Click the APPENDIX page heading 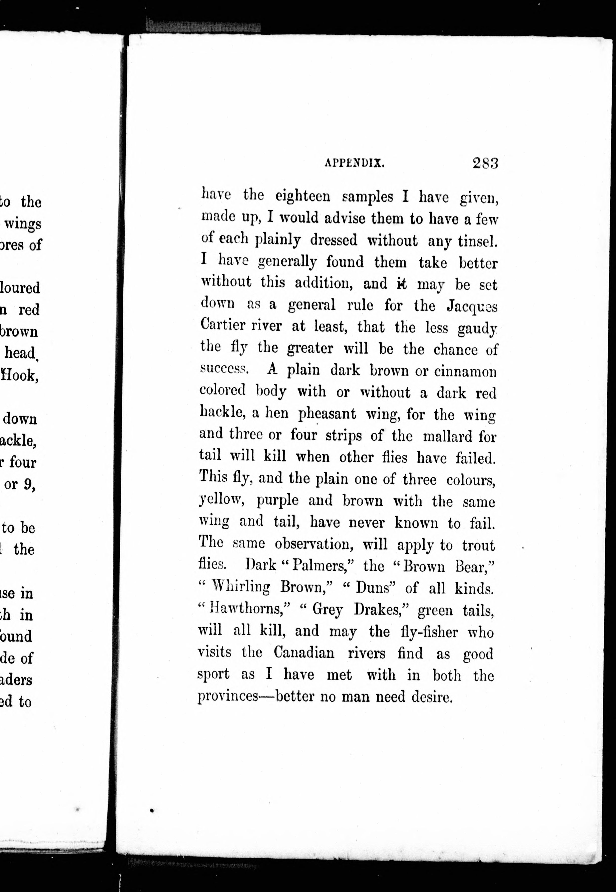[354, 163]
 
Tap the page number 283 [485, 163]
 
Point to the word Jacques [472, 307]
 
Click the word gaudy [477, 329]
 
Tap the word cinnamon [465, 372]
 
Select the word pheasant [327, 414]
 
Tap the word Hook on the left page [20, 375]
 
